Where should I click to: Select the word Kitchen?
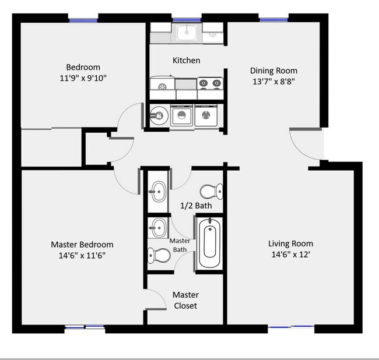click(187, 61)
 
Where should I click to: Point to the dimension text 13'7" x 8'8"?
click(273, 81)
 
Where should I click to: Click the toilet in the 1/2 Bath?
click(210, 190)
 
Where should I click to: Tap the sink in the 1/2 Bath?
click(158, 190)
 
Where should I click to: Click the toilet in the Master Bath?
click(158, 254)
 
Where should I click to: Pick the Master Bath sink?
click(157, 227)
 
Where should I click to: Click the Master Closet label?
click(186, 300)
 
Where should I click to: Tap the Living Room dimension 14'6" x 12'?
click(290, 255)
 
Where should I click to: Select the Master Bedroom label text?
click(82, 244)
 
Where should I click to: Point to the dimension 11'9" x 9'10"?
click(83, 77)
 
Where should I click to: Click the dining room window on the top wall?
click(273, 21)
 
